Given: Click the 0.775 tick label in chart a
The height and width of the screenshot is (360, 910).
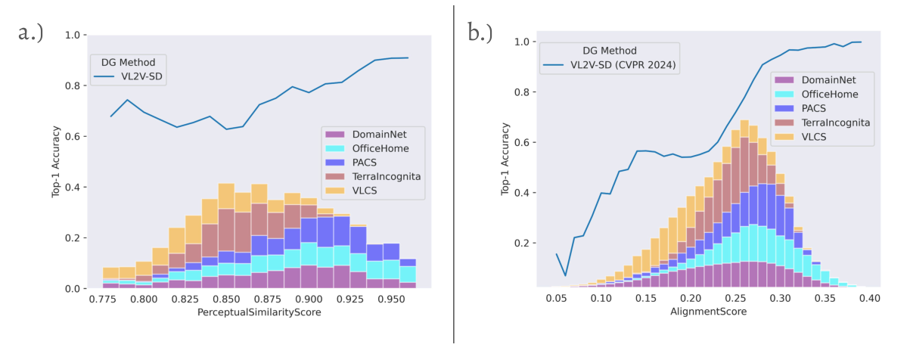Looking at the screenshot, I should pyautogui.click(x=102, y=299).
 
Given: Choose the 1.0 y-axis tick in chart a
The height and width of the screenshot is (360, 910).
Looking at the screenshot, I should pyautogui.click(x=73, y=35).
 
